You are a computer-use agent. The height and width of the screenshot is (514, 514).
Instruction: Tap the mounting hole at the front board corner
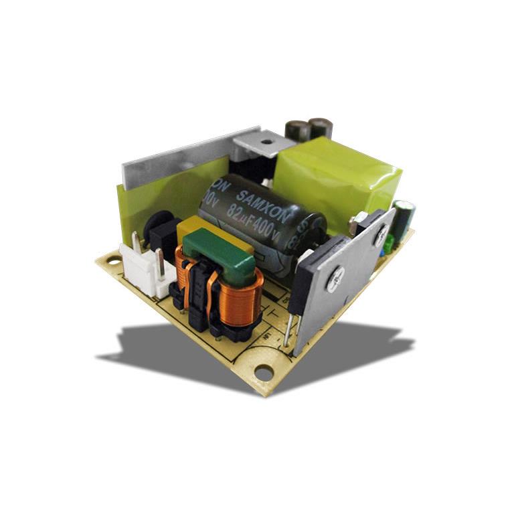tap(264, 372)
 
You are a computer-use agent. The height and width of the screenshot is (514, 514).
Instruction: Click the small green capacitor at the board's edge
tap(404, 218)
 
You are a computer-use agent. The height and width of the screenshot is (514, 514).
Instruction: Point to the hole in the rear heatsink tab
tap(265, 141)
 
